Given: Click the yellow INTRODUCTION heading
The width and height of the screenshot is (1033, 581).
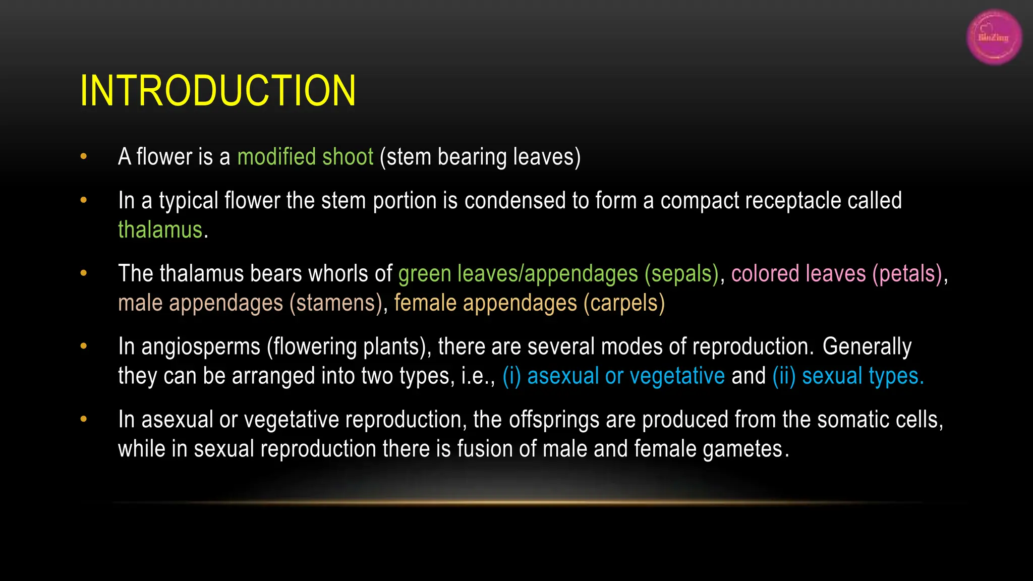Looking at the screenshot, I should (218, 91).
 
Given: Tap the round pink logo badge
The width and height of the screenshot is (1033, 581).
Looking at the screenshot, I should (994, 37).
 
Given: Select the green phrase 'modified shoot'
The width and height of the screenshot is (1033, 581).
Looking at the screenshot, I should (305, 157).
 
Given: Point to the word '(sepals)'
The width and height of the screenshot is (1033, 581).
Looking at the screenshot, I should (681, 274).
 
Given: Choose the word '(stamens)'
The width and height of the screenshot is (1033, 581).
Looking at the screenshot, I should (336, 303).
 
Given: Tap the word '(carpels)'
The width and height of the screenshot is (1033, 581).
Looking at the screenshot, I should (624, 303).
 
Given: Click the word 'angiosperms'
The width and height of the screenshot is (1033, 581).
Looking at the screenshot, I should (201, 347).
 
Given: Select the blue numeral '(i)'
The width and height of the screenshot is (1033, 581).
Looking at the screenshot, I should (511, 376).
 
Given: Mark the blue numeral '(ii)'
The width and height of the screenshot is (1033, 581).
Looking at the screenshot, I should (784, 376).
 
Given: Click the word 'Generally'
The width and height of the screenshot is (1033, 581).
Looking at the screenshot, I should (867, 347).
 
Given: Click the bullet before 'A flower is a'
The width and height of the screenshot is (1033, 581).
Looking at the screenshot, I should (84, 156).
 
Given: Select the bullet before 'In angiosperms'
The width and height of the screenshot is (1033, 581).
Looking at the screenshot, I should (84, 346).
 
